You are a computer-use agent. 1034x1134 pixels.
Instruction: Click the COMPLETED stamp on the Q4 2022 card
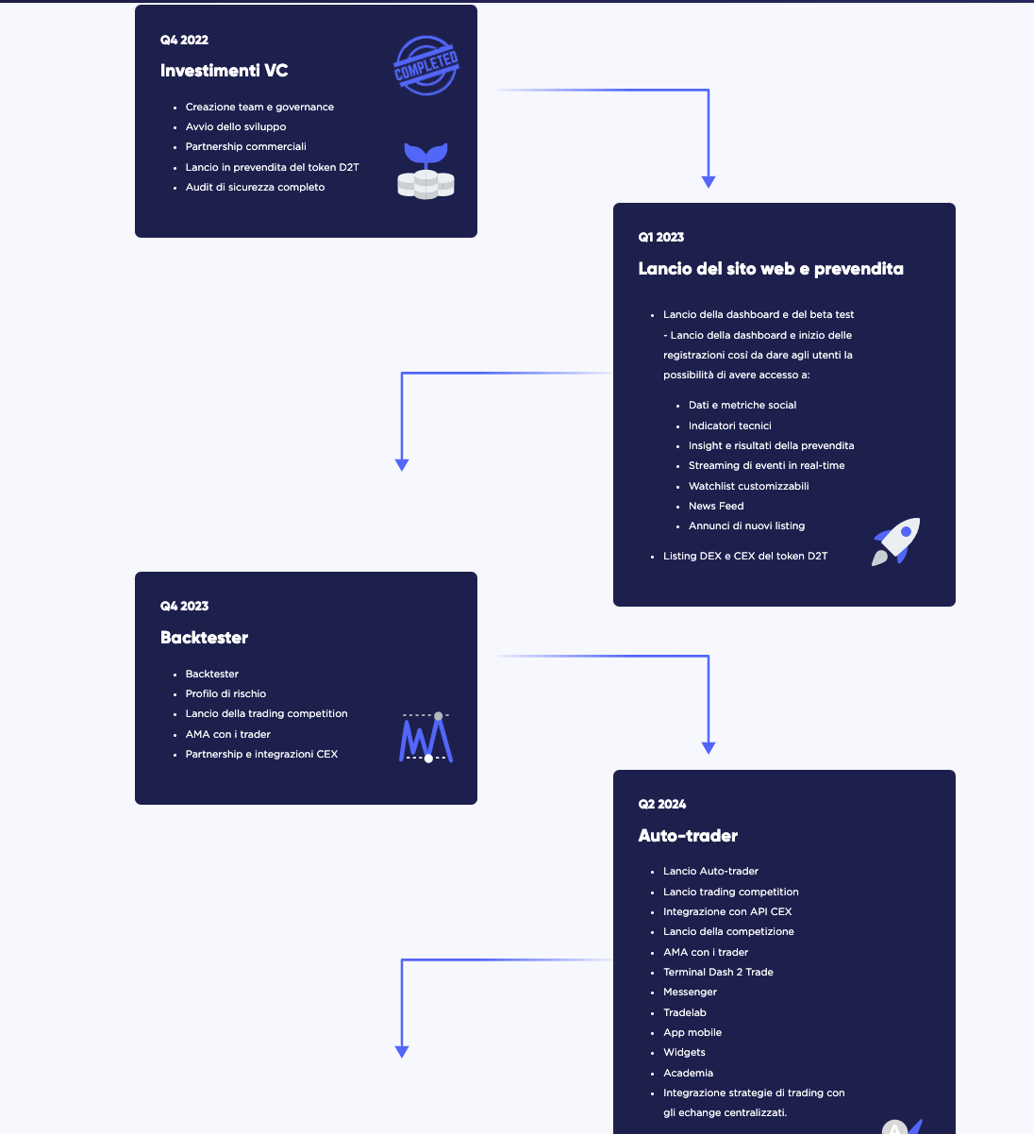coord(425,66)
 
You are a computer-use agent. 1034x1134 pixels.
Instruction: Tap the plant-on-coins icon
coord(425,171)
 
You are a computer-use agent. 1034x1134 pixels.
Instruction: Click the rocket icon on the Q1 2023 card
coord(895,542)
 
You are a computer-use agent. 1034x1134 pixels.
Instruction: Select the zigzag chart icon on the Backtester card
coord(426,738)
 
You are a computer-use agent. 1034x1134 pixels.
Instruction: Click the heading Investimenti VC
coord(224,71)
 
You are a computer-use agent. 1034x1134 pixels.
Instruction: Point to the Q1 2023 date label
coord(661,238)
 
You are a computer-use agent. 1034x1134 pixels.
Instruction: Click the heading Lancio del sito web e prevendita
coord(771,269)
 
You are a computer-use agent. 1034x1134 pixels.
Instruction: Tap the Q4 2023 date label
coord(184,606)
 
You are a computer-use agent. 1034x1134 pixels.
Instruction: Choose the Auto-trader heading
coord(688,836)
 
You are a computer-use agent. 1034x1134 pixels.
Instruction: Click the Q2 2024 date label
coord(662,804)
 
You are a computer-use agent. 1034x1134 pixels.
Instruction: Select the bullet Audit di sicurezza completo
coord(255,187)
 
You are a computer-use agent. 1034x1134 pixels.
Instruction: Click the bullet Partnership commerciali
coord(246,146)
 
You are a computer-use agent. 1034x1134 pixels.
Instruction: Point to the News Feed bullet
coord(716,506)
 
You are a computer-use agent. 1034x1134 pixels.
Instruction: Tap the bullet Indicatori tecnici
coord(729,425)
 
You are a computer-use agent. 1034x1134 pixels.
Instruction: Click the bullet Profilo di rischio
coord(225,693)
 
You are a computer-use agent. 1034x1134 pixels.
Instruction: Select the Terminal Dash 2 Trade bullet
coord(718,972)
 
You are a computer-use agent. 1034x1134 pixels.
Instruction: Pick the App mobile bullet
coord(692,1032)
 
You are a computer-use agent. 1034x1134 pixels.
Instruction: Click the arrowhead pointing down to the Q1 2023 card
coord(709,182)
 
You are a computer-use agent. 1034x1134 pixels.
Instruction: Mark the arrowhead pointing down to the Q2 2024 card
coord(709,748)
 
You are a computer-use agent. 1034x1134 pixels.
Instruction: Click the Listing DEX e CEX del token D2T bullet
coord(745,556)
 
